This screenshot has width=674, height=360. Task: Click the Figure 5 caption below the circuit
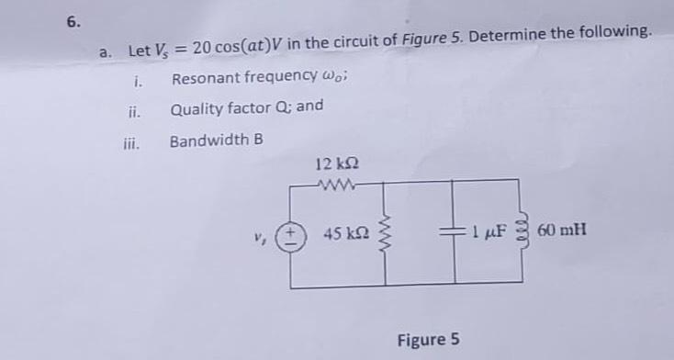tap(428, 340)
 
